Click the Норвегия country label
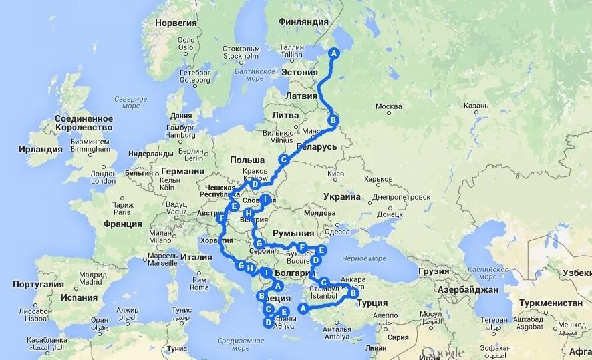pos(176,23)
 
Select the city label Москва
pos(388,106)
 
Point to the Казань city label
pos(476,105)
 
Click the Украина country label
pos(342,196)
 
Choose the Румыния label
pos(295,233)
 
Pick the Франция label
pos(123,224)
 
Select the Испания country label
pos(78,298)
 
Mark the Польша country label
pos(247,160)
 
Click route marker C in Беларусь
pos(283,160)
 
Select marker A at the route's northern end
pos(334,53)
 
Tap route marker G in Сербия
pos(259,243)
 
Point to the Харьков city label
pos(378,178)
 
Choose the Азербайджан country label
pos(468,290)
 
